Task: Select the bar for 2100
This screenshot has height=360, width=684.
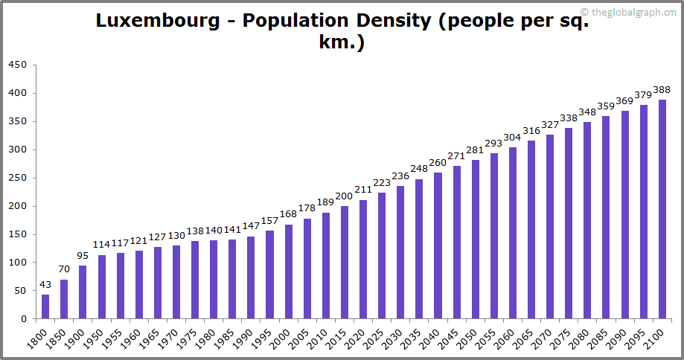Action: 662,209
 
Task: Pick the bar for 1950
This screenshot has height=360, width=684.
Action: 101,286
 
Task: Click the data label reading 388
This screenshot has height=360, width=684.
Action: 662,90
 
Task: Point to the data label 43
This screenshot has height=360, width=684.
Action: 45,285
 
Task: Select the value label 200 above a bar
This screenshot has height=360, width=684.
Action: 344,196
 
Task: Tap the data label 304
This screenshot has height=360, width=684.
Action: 513,138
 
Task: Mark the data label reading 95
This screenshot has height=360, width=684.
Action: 83,255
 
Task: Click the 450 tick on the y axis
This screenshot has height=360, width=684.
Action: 18,65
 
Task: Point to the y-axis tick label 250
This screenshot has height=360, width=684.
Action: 18,178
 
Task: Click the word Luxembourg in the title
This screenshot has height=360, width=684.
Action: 158,21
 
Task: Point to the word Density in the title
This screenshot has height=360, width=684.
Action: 391,21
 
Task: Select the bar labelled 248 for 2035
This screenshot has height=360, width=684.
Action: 419,248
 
